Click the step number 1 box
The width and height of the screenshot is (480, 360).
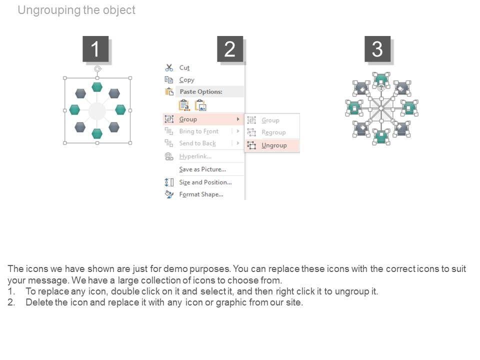pyautogui.click(x=95, y=49)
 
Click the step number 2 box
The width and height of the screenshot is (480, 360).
pyautogui.click(x=230, y=49)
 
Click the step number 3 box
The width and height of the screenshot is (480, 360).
pyautogui.click(x=377, y=49)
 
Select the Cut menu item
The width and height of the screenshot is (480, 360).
pyautogui.click(x=184, y=68)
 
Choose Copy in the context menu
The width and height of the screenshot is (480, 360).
pyautogui.click(x=186, y=80)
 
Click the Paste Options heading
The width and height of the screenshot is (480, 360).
pyautogui.click(x=200, y=92)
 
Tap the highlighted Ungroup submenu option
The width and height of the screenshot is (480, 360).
pyautogui.click(x=274, y=145)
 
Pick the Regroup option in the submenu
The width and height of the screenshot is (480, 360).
pyautogui.click(x=273, y=132)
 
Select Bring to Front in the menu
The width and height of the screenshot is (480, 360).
pyautogui.click(x=198, y=131)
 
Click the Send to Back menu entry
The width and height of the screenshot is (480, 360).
pyautogui.click(x=197, y=143)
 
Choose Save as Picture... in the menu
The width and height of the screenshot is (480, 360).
pyautogui.click(x=202, y=169)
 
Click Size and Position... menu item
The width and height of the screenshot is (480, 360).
pyautogui.click(x=205, y=182)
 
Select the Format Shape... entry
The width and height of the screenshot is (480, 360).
pyautogui.click(x=201, y=194)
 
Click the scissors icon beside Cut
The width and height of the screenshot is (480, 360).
pyautogui.click(x=169, y=68)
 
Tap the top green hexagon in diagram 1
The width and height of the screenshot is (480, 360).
pyautogui.click(x=97, y=87)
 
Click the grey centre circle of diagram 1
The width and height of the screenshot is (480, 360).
pyautogui.click(x=97, y=111)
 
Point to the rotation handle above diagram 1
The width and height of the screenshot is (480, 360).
pyautogui.click(x=97, y=69)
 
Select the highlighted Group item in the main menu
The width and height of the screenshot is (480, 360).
pyautogui.click(x=188, y=119)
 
